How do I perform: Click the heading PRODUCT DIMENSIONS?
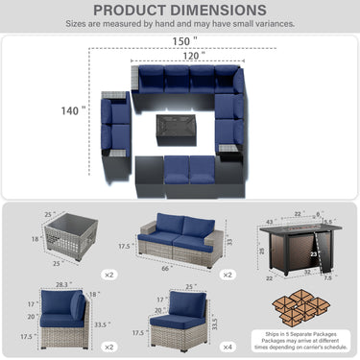click(180, 10)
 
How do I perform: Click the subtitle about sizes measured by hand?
click(180, 23)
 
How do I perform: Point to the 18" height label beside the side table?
click(36, 238)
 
